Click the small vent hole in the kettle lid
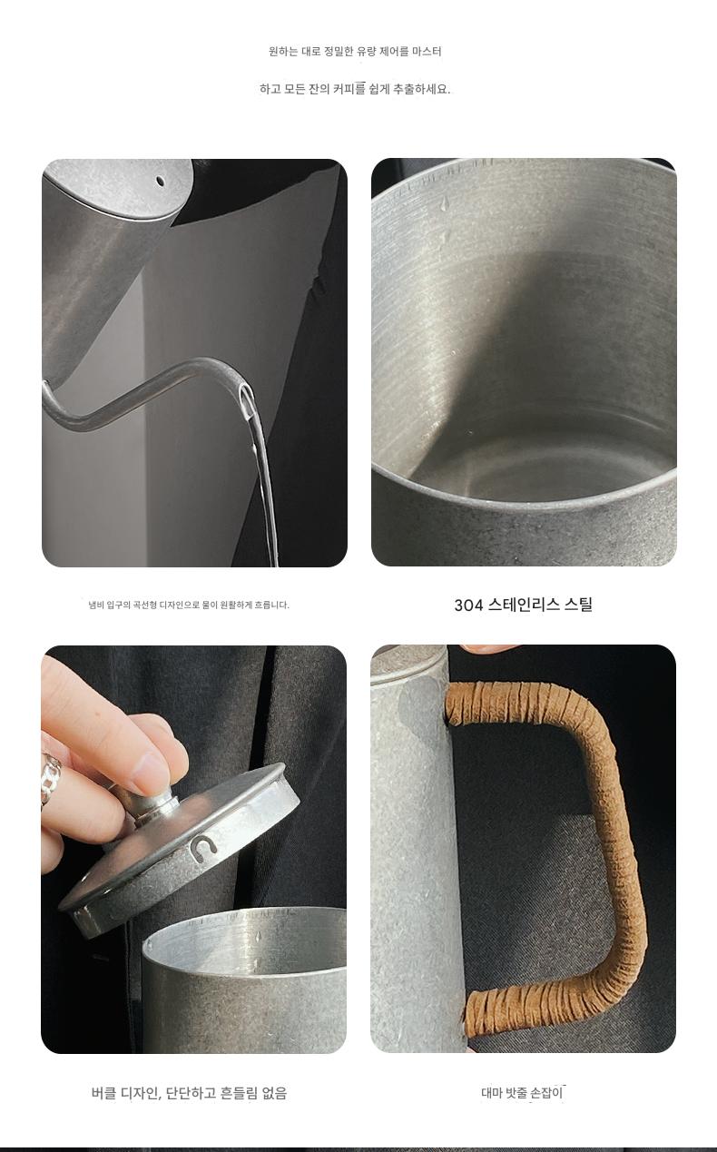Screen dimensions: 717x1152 [x=161, y=181]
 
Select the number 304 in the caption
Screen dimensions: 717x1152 [x=468, y=605]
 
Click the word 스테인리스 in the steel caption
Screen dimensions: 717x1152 [x=524, y=605]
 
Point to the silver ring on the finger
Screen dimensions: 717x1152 [x=51, y=776]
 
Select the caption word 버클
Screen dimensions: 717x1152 [x=103, y=1093]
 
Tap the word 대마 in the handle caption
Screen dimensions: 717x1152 [x=491, y=1093]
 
